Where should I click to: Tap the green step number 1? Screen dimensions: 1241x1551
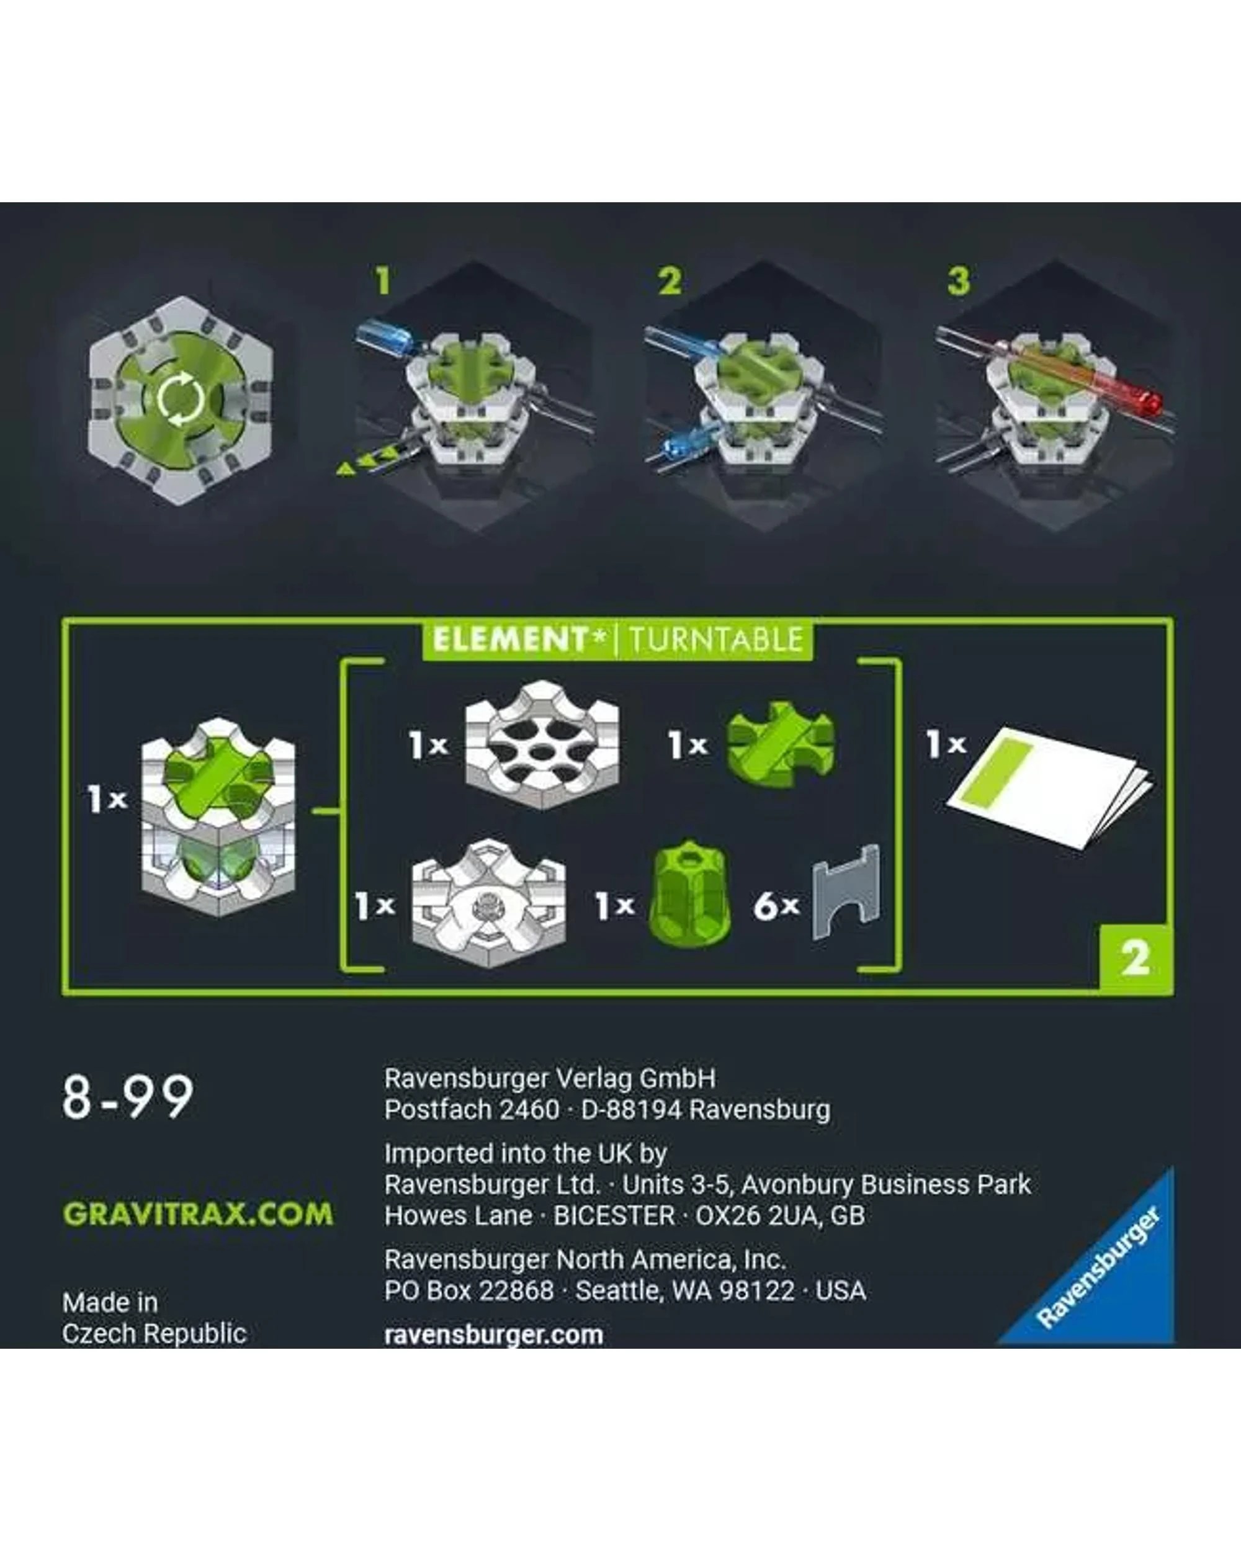click(x=383, y=280)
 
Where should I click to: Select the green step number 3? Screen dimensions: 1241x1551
click(x=957, y=280)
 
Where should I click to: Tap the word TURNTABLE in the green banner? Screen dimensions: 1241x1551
click(x=716, y=640)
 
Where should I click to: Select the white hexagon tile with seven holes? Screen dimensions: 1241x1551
click(x=542, y=745)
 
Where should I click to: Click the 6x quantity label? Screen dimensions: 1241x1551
click(x=776, y=906)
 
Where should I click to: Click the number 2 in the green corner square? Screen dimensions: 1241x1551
click(x=1136, y=959)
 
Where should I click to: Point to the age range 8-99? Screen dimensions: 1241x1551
click(x=128, y=1097)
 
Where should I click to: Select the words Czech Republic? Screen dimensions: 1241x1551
click(x=155, y=1334)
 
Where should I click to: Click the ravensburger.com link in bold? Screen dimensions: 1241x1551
click(x=493, y=1335)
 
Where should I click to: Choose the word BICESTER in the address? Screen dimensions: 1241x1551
click(x=614, y=1216)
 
